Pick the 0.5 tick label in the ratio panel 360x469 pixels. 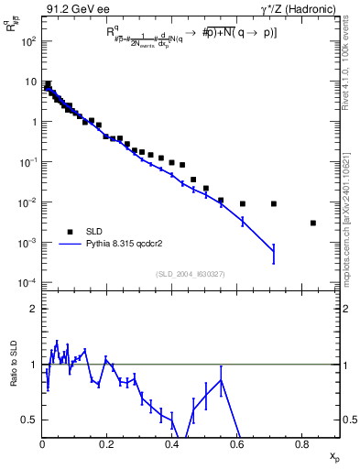[x=30, y=420]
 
